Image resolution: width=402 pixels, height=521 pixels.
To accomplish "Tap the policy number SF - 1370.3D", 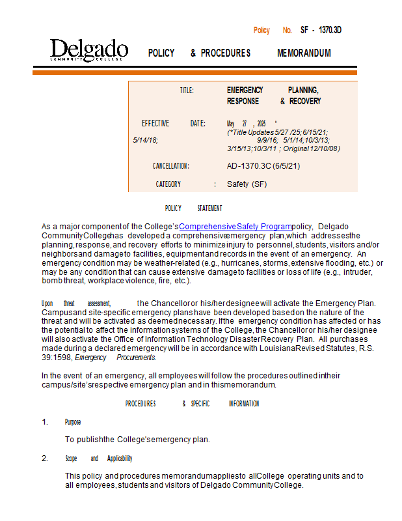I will point(321,31).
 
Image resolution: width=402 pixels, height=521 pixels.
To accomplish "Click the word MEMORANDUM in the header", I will point(304,53).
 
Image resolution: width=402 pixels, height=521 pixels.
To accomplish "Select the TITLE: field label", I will point(187,91).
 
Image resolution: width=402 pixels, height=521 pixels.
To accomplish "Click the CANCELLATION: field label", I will point(170,166).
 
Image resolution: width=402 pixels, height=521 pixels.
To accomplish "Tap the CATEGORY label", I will point(168,184).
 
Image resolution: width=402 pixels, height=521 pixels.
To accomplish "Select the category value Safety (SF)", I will point(247,184).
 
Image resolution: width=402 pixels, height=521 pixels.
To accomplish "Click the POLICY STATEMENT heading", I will point(193,208).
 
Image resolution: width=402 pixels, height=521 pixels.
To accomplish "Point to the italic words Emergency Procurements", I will point(115,358).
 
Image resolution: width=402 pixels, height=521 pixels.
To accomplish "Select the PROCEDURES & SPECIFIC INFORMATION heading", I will point(192,404).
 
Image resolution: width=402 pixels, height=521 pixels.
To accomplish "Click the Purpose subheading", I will point(73,422).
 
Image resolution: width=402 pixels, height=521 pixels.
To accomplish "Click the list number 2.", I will point(45,458).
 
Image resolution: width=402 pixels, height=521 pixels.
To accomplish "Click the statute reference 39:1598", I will point(57,358).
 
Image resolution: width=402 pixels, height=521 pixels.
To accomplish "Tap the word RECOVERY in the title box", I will point(305,102).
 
